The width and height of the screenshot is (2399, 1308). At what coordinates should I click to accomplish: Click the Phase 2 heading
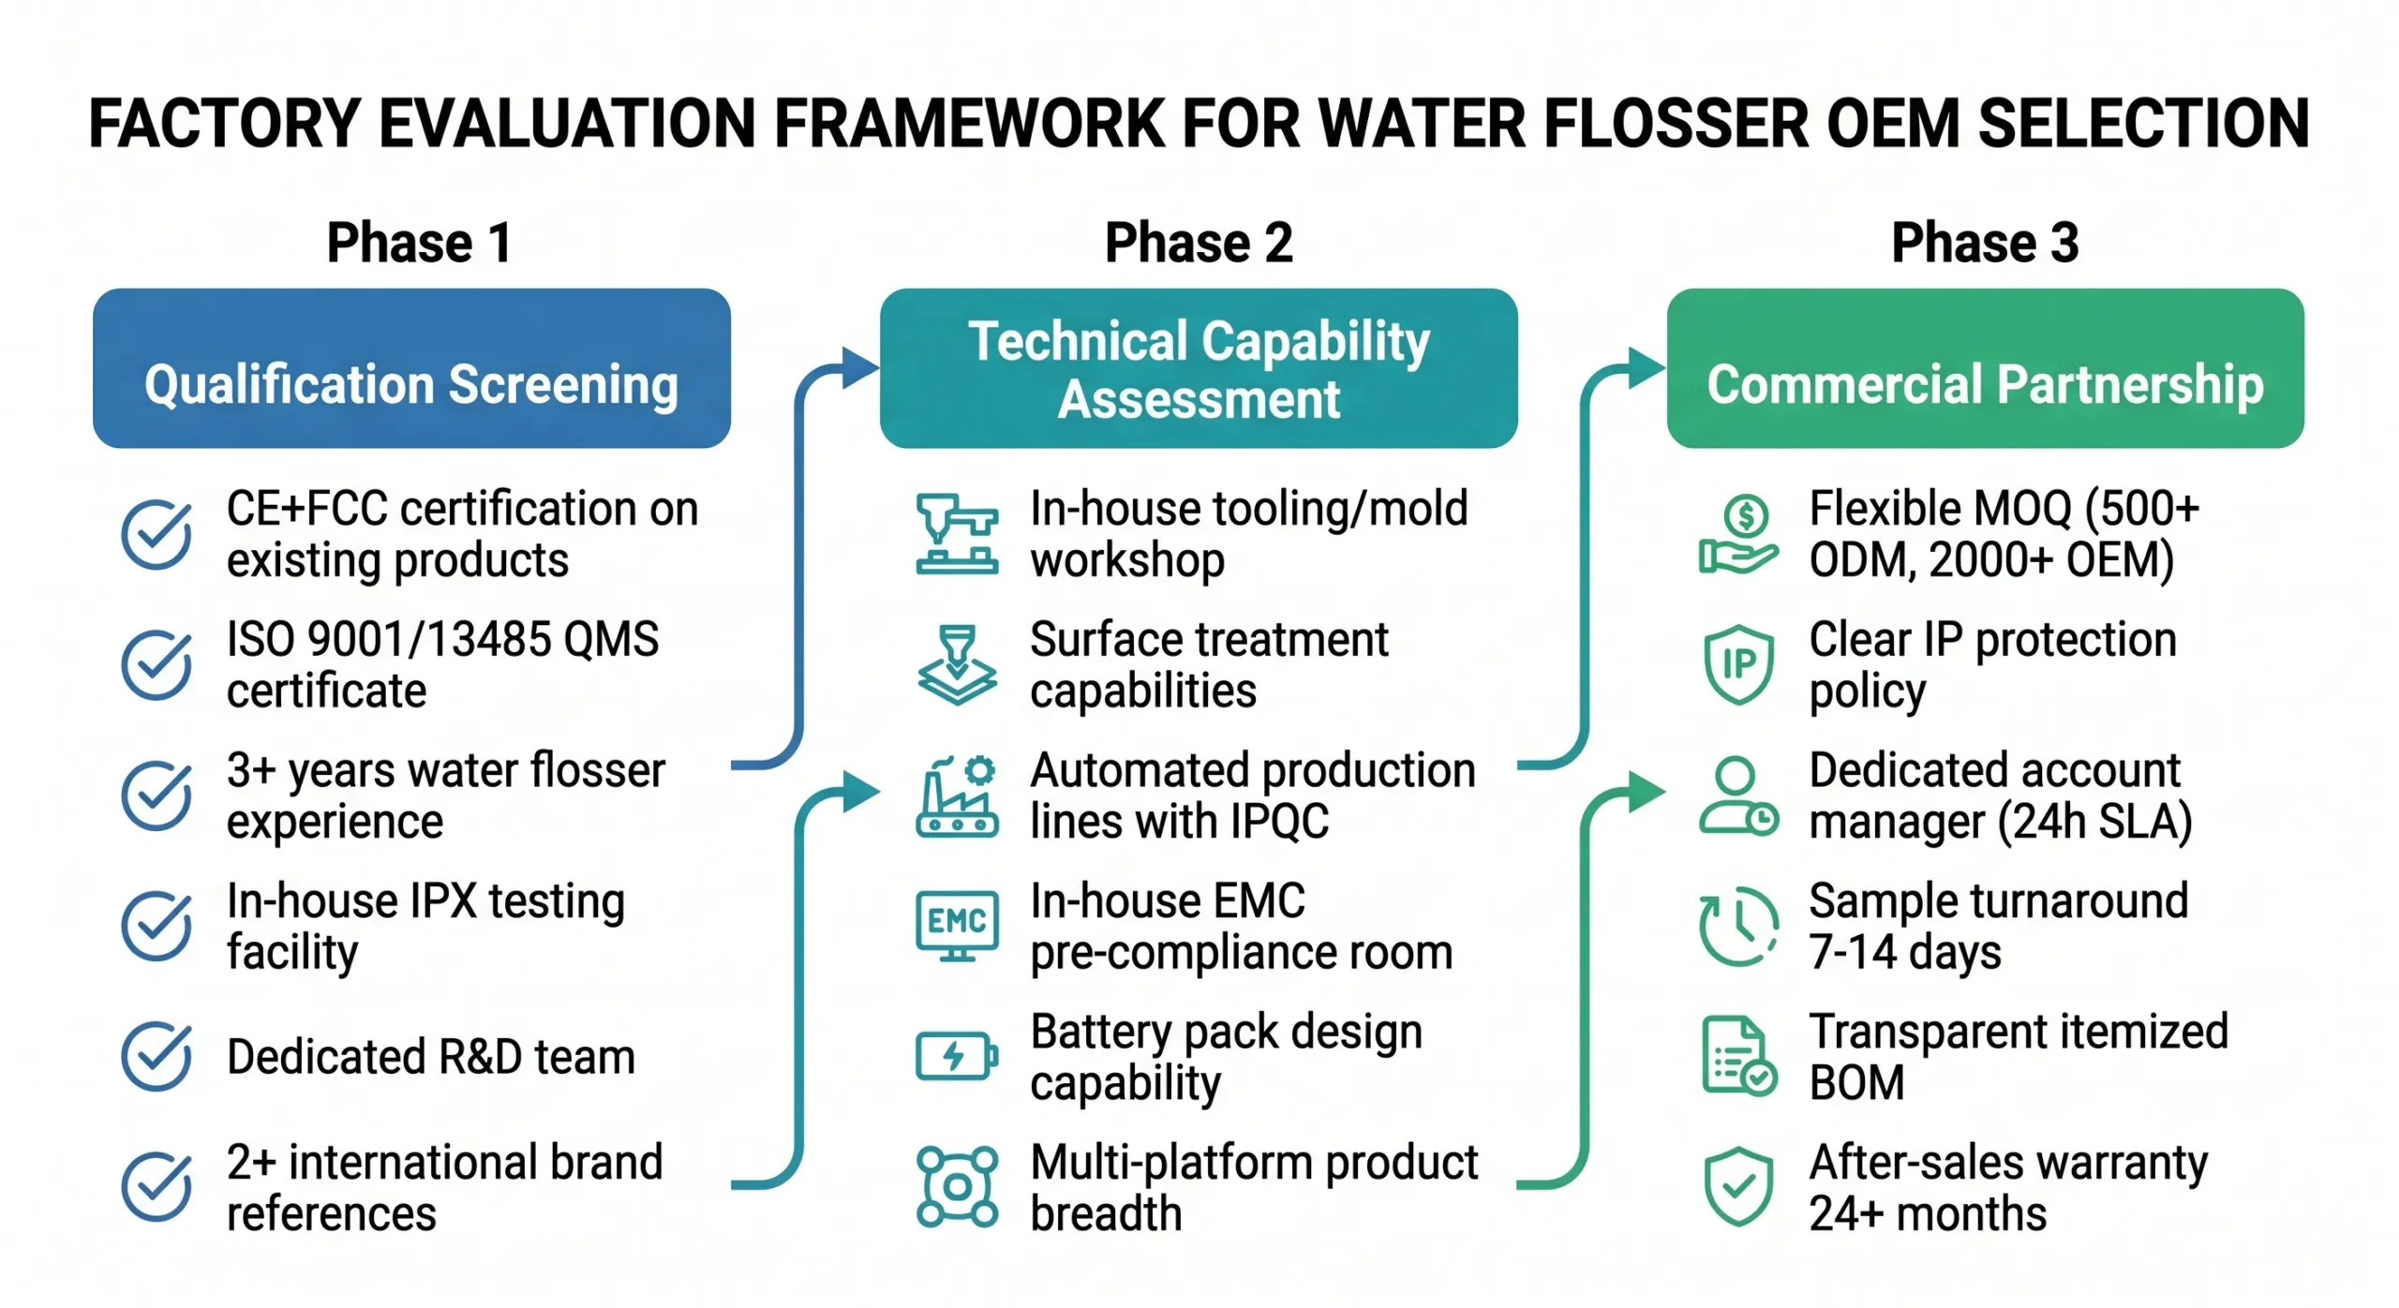[x=1199, y=243]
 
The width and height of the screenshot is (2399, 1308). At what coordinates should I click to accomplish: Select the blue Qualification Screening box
[x=411, y=367]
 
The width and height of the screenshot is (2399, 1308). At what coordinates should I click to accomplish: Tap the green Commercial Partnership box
[x=1985, y=367]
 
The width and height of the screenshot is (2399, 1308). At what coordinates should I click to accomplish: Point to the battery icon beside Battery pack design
[x=956, y=1056]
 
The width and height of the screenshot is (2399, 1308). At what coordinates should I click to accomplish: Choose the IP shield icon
[x=1738, y=664]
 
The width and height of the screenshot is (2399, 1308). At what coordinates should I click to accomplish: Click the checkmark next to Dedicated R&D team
[x=156, y=1056]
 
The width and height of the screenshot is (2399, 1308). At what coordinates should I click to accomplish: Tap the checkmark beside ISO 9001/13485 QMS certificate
[x=156, y=664]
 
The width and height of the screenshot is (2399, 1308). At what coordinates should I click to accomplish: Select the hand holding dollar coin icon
[x=1738, y=535]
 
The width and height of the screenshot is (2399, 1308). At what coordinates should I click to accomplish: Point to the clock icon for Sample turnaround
[x=1738, y=926]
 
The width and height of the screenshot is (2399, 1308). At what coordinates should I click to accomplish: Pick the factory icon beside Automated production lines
[x=956, y=795]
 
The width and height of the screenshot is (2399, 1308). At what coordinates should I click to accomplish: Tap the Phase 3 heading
[x=1985, y=243]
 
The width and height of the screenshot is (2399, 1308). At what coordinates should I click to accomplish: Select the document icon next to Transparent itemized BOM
[x=1738, y=1056]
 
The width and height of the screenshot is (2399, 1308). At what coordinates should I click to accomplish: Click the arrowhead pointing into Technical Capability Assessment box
[x=858, y=367]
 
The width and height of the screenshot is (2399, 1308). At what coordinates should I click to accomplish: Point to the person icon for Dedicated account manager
[x=1738, y=795]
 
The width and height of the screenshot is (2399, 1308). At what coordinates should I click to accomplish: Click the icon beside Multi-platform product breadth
[x=956, y=1186]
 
